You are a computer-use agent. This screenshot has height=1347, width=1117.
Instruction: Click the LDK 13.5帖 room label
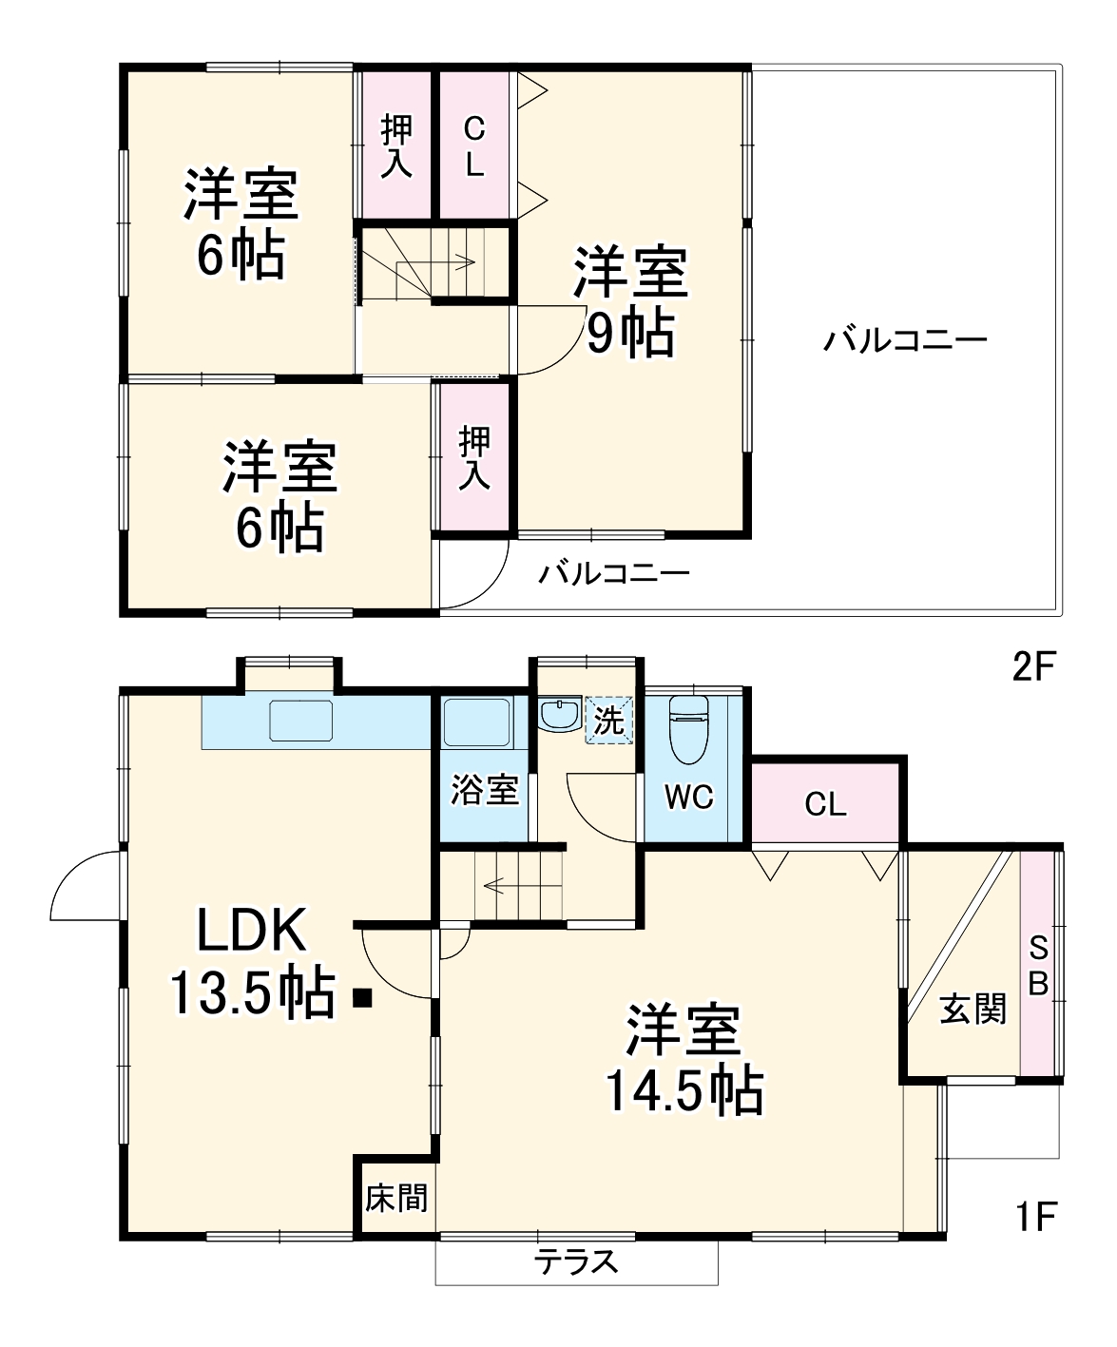click(252, 962)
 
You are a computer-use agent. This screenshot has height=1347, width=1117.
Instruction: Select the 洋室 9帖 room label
click(630, 302)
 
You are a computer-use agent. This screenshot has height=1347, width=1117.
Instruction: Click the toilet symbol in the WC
click(689, 728)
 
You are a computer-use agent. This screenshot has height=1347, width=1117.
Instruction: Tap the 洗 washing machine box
click(608, 721)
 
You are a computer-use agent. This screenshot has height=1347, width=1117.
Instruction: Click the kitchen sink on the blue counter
click(301, 721)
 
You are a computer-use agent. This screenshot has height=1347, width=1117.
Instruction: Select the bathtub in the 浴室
click(477, 722)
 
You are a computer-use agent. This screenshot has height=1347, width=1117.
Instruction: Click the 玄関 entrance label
click(973, 1009)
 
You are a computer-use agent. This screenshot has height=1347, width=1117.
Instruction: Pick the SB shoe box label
click(1038, 966)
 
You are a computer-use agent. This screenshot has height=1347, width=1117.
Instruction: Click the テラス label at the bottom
click(576, 1261)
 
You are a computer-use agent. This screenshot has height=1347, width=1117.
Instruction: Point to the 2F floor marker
click(1033, 667)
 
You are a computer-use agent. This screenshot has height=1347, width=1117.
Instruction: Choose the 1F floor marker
click(1033, 1217)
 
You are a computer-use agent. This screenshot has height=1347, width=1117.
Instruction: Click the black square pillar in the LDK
click(361, 998)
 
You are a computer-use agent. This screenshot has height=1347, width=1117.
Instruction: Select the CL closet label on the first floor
click(824, 805)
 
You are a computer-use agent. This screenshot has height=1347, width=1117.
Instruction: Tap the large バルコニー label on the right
click(905, 340)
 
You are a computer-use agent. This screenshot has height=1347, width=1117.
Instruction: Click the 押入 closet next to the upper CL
click(396, 145)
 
